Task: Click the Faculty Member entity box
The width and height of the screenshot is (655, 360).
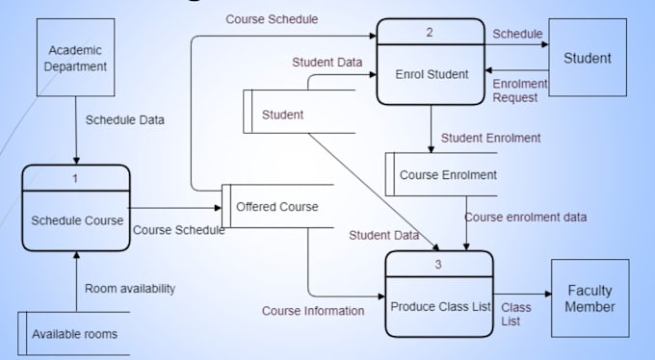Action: [x=589, y=298]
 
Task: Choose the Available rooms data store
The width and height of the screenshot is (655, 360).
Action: [x=75, y=334]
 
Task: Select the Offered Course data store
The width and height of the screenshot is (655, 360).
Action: [x=277, y=206]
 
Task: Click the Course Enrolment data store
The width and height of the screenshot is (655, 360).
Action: [x=448, y=174]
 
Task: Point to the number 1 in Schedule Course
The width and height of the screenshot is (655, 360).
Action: [x=76, y=177]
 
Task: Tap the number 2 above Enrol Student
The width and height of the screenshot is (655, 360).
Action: [x=431, y=33]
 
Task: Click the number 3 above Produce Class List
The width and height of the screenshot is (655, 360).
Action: [x=439, y=264]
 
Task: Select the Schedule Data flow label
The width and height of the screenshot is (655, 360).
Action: [x=125, y=120]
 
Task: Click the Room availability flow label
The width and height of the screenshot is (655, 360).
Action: [x=130, y=288]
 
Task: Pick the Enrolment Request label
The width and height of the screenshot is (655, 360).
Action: [x=520, y=90]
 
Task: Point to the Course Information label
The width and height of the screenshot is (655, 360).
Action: [x=313, y=311]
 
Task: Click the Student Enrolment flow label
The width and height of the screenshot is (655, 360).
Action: [x=491, y=138]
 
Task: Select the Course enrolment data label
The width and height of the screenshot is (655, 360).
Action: [x=525, y=217]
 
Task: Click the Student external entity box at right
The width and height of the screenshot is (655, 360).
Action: [x=588, y=58]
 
